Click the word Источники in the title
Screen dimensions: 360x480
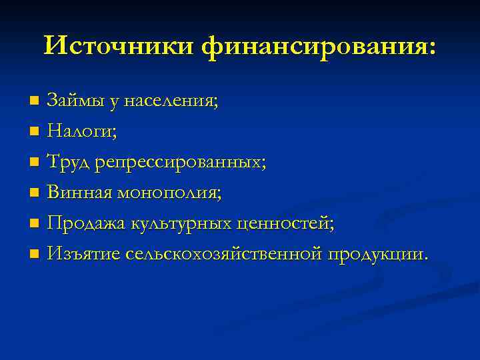(x=119, y=46)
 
